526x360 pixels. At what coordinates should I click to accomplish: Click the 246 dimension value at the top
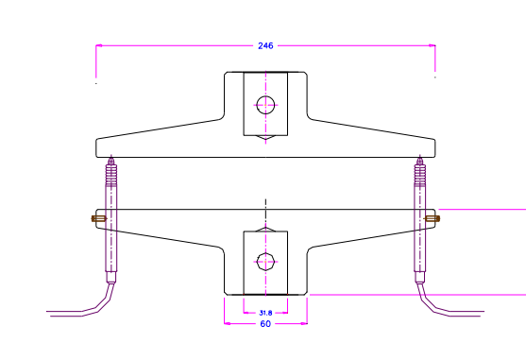(x=265, y=45)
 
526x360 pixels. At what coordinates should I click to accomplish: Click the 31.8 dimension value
(x=265, y=312)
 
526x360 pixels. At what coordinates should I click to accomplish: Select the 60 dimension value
(x=265, y=324)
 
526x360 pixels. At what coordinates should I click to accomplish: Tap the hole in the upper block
(x=266, y=105)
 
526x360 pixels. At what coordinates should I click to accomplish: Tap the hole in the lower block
(x=266, y=262)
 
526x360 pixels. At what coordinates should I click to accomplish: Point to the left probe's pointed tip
(x=111, y=157)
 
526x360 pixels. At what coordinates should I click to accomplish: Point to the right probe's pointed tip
(x=419, y=157)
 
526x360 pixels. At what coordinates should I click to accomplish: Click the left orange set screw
(x=96, y=219)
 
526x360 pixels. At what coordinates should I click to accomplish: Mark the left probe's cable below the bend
(x=71, y=312)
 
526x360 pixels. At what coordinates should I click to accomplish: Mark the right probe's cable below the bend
(x=458, y=312)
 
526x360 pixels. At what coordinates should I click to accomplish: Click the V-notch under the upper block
(x=266, y=139)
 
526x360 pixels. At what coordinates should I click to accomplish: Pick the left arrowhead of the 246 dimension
(x=99, y=44)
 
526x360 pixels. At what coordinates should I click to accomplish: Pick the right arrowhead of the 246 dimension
(x=433, y=44)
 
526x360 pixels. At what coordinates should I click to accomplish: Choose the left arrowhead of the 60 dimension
(x=227, y=323)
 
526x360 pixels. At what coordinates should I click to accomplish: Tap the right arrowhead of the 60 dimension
(x=305, y=323)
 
